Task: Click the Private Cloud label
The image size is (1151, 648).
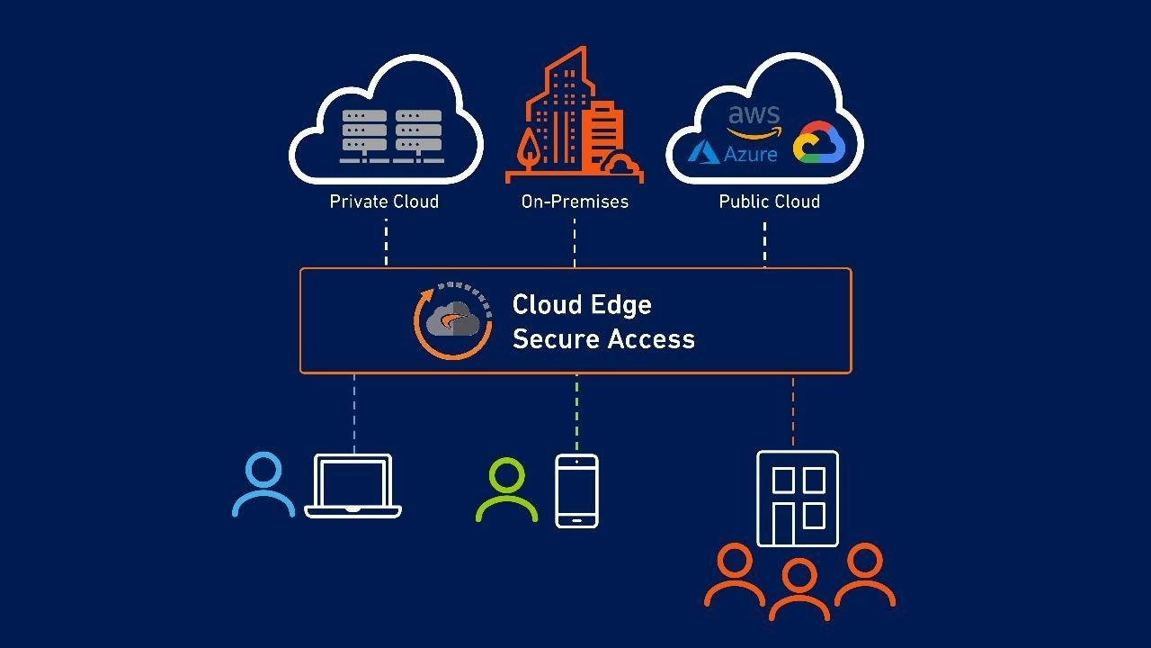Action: click(384, 202)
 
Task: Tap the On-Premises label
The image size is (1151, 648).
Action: click(575, 202)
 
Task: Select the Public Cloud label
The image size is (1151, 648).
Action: click(769, 202)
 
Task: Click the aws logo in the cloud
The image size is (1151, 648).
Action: click(754, 121)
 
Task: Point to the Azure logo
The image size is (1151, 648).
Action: click(733, 152)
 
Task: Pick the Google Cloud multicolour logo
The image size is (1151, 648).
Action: click(818, 144)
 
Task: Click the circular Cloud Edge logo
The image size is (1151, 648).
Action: click(452, 319)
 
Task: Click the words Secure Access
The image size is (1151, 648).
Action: click(603, 339)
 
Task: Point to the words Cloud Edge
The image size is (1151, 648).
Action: click(582, 304)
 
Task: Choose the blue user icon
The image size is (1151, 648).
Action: click(263, 486)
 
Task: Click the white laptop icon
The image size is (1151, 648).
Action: click(352, 487)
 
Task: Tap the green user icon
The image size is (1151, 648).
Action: click(506, 490)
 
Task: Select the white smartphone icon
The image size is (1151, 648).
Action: click(576, 490)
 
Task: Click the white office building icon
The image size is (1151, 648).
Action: click(798, 499)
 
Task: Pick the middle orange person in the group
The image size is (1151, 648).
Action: click(799, 589)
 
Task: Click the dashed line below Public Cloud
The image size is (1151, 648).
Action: click(765, 243)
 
